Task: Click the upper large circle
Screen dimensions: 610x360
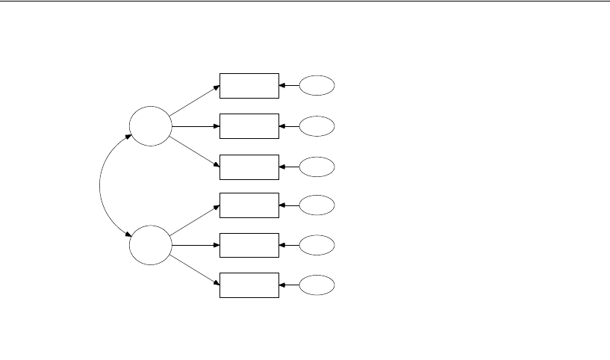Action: [x=149, y=125]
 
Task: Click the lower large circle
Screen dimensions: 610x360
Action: [x=149, y=244]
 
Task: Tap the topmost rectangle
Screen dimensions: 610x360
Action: [x=249, y=86]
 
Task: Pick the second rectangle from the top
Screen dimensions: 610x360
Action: [x=249, y=125]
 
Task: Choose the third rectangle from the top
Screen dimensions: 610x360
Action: [x=249, y=167]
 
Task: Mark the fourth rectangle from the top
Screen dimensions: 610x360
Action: [x=249, y=205]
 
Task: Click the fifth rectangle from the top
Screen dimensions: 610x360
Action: [x=249, y=244]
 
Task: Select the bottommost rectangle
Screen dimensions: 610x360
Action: [x=249, y=285]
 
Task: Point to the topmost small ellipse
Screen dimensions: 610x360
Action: [x=317, y=86]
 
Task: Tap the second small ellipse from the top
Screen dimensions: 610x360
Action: [x=317, y=125]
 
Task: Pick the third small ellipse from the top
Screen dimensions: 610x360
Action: [x=317, y=167]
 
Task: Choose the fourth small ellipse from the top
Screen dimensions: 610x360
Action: [x=317, y=205]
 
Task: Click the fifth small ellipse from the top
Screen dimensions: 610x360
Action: [x=317, y=244]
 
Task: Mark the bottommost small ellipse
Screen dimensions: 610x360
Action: [x=317, y=285]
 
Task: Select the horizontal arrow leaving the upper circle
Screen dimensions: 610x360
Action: [x=194, y=125]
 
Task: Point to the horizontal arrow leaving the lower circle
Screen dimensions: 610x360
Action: [x=194, y=244]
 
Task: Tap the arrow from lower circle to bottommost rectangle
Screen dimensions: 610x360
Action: [x=194, y=270]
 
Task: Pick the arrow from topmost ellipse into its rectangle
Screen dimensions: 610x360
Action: [x=289, y=86]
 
